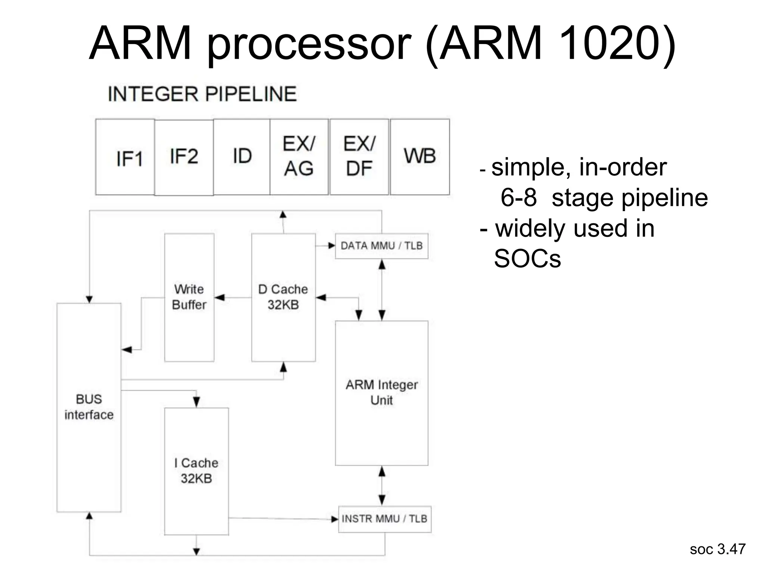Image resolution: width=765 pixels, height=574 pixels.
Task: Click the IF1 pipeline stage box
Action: coord(125,157)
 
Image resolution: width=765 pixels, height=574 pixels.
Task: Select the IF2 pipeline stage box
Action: coord(184,157)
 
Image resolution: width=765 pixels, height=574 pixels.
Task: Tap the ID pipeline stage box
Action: coord(242,157)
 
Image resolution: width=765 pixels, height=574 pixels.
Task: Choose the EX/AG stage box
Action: coord(299,157)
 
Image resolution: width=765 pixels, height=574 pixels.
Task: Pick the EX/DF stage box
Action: coord(359,157)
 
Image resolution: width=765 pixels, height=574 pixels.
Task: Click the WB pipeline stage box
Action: coord(420,157)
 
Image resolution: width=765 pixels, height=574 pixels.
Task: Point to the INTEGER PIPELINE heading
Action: coord(202,94)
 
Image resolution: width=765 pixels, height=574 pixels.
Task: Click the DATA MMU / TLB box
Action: coord(381,246)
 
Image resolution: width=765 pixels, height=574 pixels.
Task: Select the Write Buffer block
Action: coord(189,297)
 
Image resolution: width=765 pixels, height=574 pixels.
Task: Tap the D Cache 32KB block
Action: coord(283,297)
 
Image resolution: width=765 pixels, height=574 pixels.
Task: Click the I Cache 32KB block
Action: coord(196,471)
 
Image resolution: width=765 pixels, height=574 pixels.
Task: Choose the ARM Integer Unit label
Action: coord(381,392)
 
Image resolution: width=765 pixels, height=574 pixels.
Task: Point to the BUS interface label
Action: coord(89,407)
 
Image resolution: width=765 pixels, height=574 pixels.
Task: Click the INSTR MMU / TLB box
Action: coord(384,519)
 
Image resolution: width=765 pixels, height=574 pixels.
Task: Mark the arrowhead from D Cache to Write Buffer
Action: coord(219,297)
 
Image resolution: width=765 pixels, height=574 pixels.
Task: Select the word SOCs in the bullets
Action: coord(527,259)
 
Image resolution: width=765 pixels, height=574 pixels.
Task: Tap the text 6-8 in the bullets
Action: coord(518,198)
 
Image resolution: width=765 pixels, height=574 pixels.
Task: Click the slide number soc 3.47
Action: coord(717,549)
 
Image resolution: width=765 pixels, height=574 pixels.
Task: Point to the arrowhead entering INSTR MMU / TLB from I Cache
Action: coord(335,519)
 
